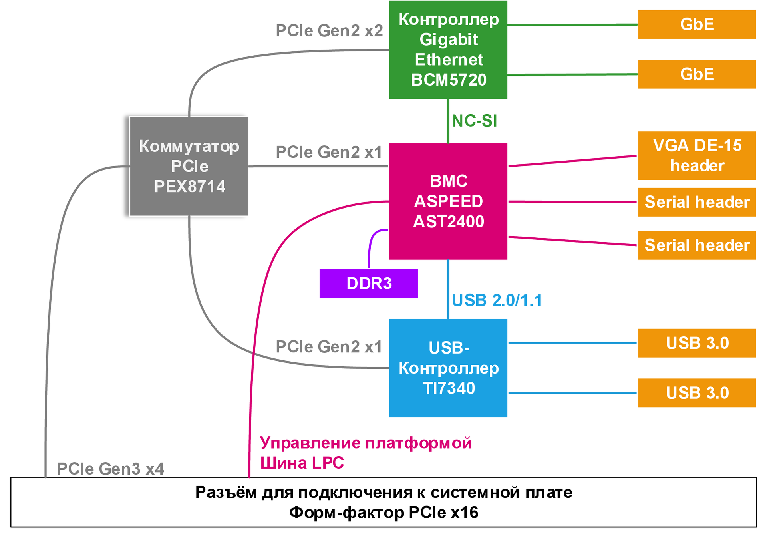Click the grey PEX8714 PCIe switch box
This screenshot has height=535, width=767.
click(x=189, y=166)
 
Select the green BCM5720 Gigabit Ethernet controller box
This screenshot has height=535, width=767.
click(x=448, y=50)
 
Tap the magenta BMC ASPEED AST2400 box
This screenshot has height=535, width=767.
click(x=448, y=201)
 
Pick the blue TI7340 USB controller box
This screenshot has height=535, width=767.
click(x=448, y=368)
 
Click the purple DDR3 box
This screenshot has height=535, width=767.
click(x=368, y=283)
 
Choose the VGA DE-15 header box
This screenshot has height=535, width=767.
click(x=696, y=155)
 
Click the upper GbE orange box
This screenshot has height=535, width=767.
click(x=696, y=24)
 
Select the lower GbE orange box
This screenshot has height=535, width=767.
click(x=696, y=74)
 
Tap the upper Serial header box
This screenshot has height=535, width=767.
click(x=696, y=202)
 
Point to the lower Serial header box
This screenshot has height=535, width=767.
click(x=696, y=245)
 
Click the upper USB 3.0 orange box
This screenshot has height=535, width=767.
click(x=696, y=343)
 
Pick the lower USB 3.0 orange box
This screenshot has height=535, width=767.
click(x=696, y=393)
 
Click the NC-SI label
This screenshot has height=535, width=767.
click(x=474, y=121)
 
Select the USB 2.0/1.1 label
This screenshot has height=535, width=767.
click(x=497, y=300)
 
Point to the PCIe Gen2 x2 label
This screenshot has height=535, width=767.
click(x=329, y=31)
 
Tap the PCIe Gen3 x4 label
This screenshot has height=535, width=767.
click(x=110, y=469)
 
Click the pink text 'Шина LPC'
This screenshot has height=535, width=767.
click(x=302, y=463)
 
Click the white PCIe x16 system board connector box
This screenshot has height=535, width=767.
click(x=383, y=502)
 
